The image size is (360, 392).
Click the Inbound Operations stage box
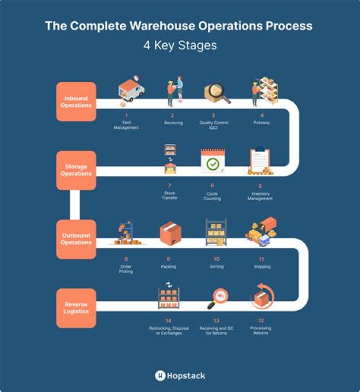(76, 101)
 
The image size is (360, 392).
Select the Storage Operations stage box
(76, 170)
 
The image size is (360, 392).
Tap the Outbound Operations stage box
(76, 239)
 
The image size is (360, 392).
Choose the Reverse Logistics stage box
(76, 308)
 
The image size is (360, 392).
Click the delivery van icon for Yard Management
(131, 91)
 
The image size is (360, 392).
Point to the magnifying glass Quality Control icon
(216, 92)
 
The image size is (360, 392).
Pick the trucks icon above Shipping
(261, 231)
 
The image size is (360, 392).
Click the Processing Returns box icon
(261, 299)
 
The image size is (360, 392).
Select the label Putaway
(261, 122)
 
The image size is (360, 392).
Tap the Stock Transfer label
(169, 195)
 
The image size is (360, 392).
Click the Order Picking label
(126, 269)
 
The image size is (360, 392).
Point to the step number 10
(216, 259)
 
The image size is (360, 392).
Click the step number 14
(168, 321)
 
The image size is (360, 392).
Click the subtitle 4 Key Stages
(180, 45)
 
